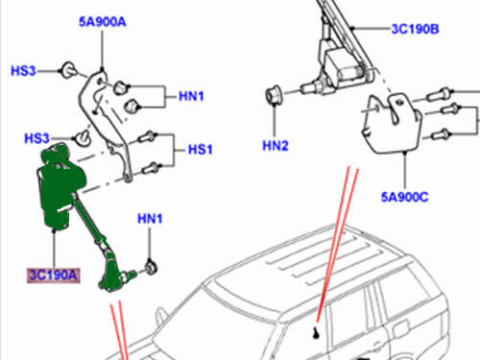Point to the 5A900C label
[404, 197]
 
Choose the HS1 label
[198, 150]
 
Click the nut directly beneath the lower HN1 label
[152, 264]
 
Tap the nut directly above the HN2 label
[273, 97]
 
